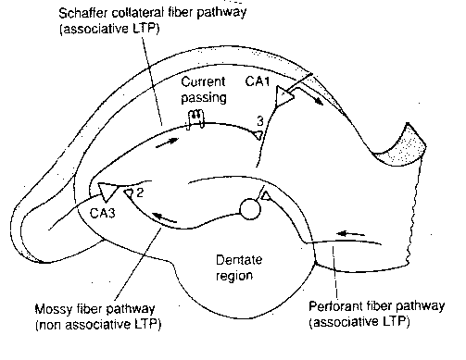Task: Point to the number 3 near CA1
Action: point(262,119)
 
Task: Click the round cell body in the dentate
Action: point(248,209)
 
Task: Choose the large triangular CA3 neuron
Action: point(109,192)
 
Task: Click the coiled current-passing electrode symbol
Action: point(195,118)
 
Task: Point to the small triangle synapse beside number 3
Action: point(256,134)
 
